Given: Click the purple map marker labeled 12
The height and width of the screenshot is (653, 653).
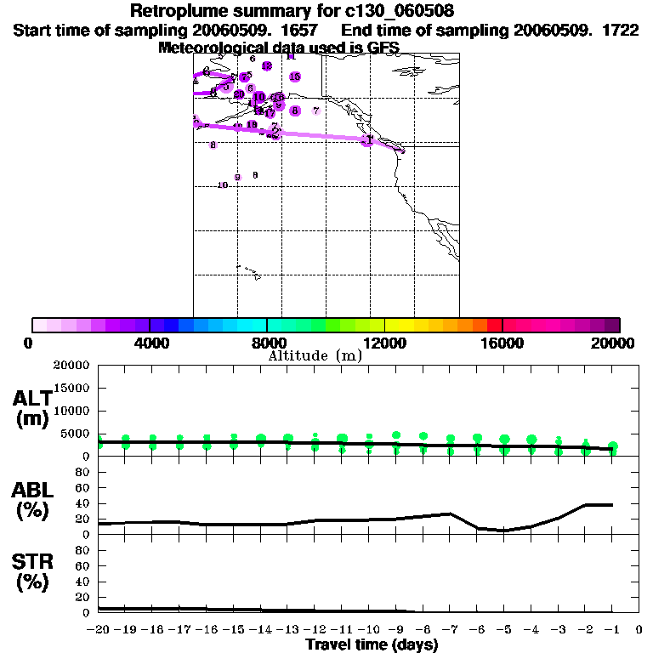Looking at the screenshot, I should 267,66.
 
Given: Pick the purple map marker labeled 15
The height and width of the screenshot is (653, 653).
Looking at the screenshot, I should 295,77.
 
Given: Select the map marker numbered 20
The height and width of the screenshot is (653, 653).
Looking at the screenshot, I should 239,94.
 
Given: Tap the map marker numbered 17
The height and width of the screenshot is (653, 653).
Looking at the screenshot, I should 270,113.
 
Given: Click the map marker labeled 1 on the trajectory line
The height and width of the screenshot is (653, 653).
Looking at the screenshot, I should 368,139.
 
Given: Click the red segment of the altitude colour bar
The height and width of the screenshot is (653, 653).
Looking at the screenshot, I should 494,325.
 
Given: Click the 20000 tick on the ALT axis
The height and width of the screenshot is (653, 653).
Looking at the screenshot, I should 71,366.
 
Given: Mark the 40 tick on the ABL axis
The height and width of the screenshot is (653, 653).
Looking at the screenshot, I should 83,503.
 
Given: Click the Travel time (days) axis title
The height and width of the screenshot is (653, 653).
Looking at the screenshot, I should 372,645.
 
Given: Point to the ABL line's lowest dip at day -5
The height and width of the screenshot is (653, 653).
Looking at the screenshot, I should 504,531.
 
